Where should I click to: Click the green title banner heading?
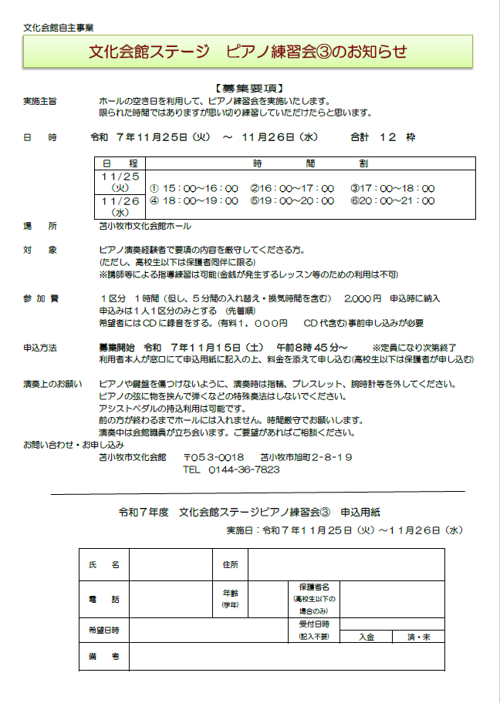[248, 52]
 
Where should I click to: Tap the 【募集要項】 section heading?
[249, 88]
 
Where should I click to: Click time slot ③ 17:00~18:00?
[393, 188]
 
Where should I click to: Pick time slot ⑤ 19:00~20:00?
[292, 200]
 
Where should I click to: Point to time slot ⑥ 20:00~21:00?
[393, 200]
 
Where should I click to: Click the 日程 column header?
[120, 163]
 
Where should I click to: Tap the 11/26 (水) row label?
[120, 206]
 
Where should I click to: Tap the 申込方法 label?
[39, 348]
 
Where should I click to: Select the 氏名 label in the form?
[104, 565]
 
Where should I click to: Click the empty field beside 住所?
[346, 565]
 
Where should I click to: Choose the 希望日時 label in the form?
[104, 630]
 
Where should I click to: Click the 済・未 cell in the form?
[419, 637]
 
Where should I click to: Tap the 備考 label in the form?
[104, 657]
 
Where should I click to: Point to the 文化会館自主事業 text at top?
[59, 27]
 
